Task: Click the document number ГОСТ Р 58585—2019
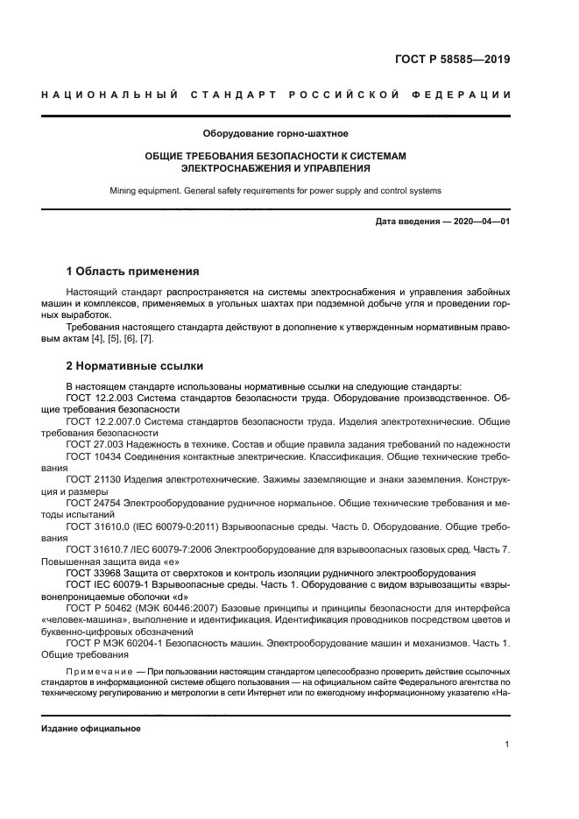pos(453,60)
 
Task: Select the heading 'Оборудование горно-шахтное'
pos(276,134)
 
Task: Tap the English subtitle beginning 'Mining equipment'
pos(276,189)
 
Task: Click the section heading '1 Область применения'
pos(133,271)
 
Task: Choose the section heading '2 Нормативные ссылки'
pos(134,365)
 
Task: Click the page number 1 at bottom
pos(507,745)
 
